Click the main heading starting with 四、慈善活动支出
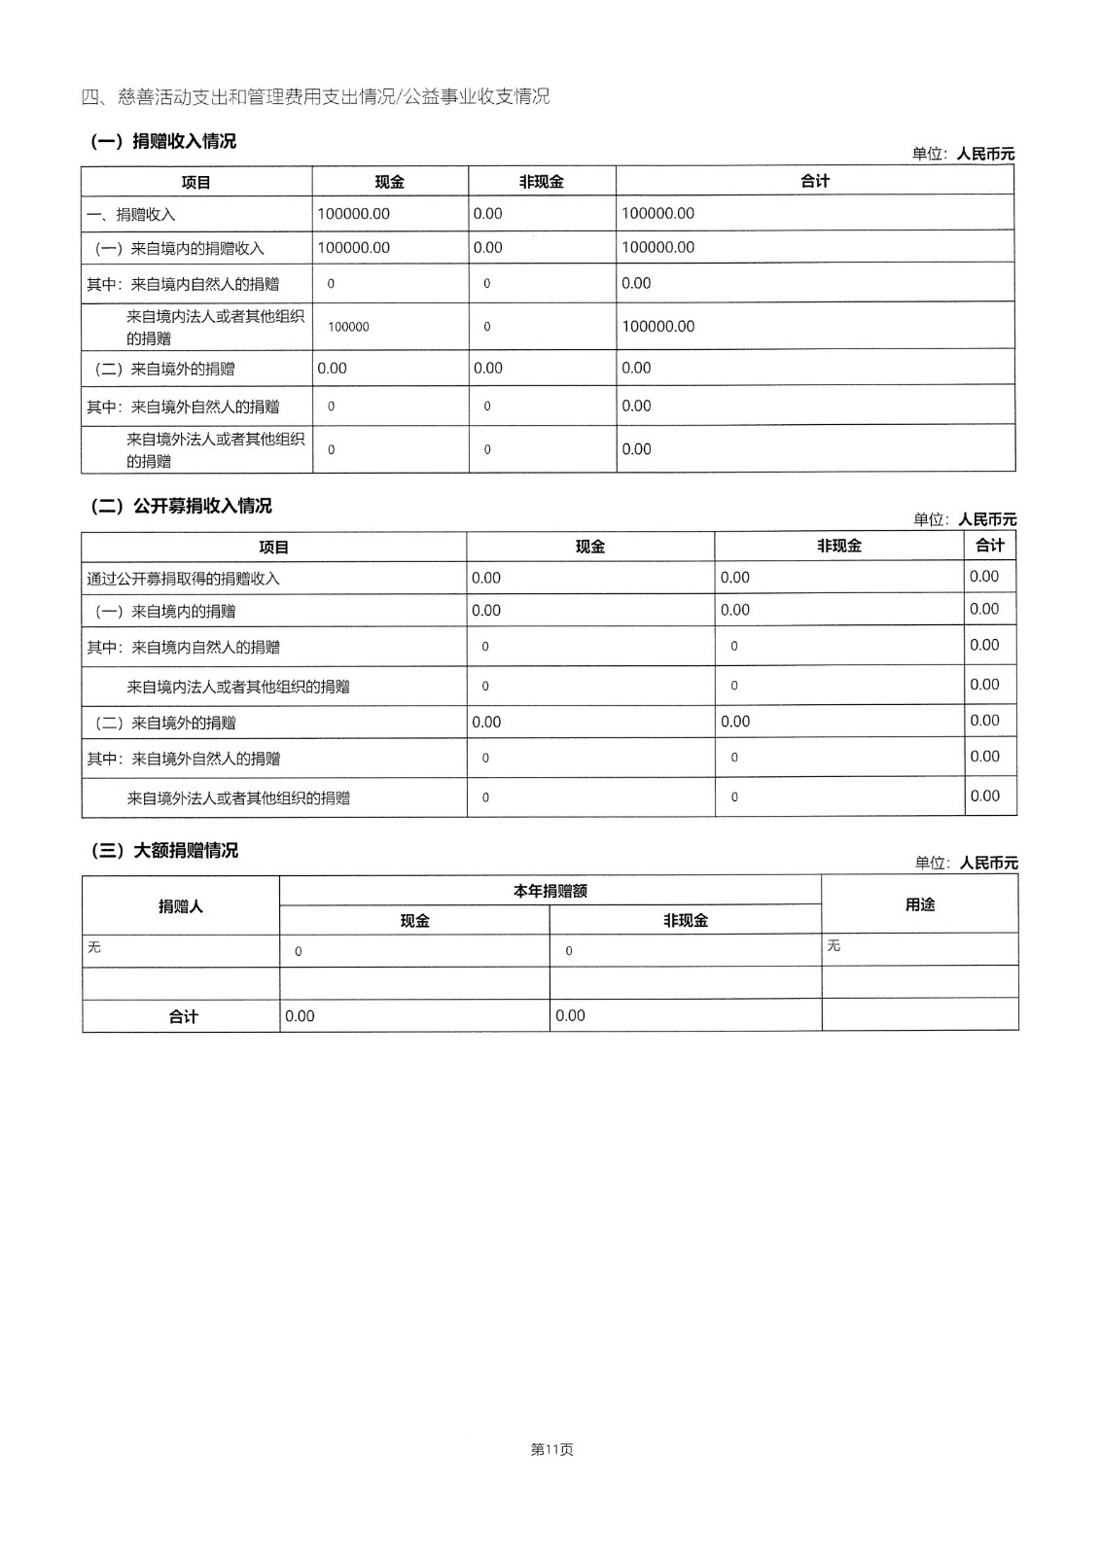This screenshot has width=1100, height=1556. pos(315,96)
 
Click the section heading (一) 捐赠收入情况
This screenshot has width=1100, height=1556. pos(163,142)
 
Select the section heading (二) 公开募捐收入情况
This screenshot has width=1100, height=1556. pos(181,507)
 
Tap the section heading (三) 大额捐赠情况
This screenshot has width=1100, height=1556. pos(164,851)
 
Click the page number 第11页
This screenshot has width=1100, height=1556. pos(551,1449)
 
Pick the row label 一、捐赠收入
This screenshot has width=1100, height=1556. pos(131,215)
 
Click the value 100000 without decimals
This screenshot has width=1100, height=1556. pos(348,328)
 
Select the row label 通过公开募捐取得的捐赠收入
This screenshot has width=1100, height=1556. pos(183,580)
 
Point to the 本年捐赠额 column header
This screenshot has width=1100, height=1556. pos(550,891)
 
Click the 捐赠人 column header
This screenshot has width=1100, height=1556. pos(181,906)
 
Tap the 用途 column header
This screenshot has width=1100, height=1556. pos(919,904)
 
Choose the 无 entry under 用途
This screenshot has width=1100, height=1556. pos(834,946)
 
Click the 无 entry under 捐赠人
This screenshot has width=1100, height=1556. pos(94,947)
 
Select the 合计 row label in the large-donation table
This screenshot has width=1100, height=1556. pos(183,1016)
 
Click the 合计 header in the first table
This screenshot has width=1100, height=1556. pos(814,181)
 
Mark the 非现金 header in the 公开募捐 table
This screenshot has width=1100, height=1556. pos(838,547)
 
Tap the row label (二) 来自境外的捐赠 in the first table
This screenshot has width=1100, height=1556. pos(164,370)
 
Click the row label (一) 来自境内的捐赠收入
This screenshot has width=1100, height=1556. pos(179,249)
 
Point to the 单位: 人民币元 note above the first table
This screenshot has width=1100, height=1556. pos(963,154)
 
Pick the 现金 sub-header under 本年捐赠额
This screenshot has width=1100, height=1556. pos(414,921)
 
